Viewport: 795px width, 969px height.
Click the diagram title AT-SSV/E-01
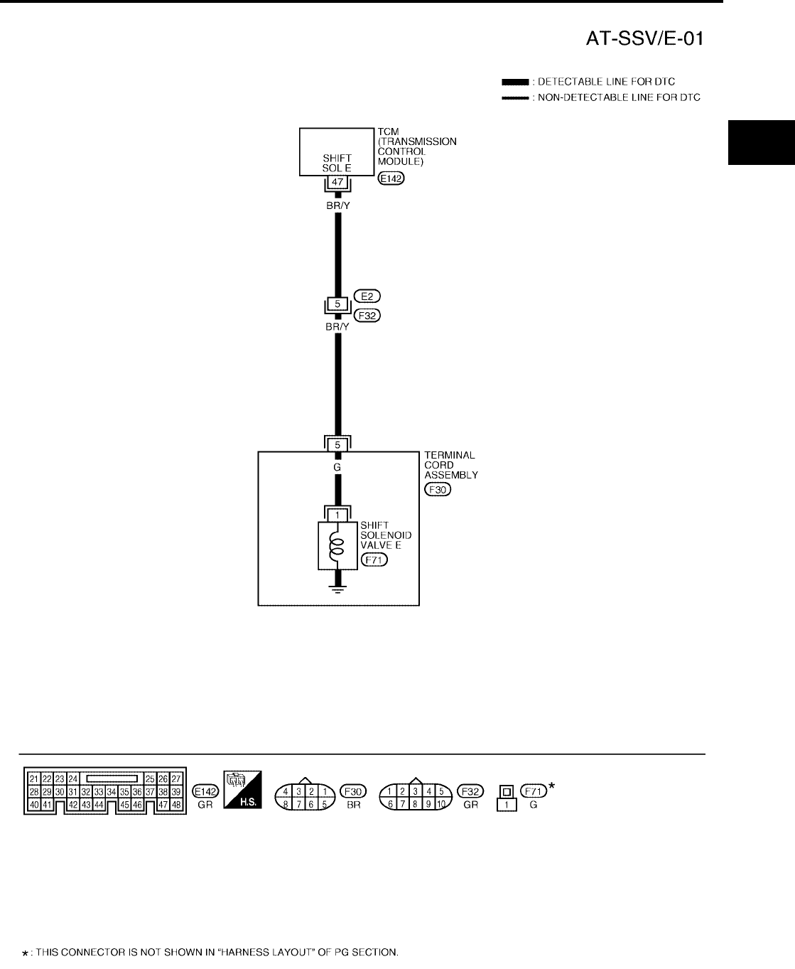click(644, 39)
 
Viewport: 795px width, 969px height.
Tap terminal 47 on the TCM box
click(338, 183)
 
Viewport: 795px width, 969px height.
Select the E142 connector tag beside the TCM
click(391, 179)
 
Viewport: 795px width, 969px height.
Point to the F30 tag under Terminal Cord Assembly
click(436, 489)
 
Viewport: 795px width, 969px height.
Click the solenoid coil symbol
click(337, 547)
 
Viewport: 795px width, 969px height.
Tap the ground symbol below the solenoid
click(337, 587)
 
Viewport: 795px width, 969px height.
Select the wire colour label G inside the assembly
click(337, 468)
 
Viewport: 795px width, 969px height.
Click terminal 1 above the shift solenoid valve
click(337, 514)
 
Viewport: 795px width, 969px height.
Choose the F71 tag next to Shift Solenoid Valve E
click(374, 560)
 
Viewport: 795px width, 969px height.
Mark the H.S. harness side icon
click(242, 789)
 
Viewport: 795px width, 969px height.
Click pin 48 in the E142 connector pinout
click(177, 805)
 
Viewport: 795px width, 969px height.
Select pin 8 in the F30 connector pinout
click(286, 805)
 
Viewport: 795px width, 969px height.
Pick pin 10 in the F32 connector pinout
click(440, 805)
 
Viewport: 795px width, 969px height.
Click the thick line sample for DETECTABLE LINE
click(514, 82)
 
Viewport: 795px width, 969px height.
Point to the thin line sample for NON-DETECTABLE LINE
click(514, 97)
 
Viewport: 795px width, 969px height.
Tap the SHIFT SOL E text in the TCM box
click(337, 164)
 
